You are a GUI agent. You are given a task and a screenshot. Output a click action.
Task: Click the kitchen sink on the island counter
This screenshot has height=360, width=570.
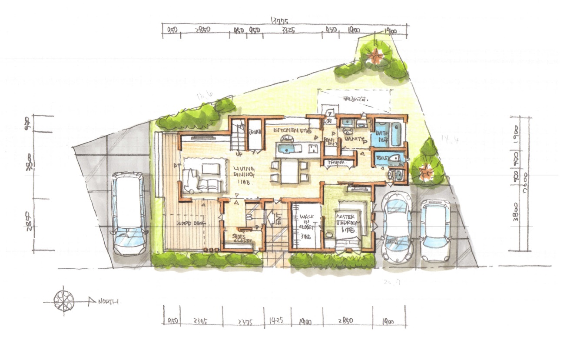[285, 150]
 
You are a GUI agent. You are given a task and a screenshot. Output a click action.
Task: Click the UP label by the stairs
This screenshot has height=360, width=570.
[239, 154]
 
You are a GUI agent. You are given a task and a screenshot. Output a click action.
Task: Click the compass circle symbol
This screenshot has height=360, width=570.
[64, 300]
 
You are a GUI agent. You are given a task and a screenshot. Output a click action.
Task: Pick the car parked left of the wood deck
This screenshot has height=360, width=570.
[128, 213]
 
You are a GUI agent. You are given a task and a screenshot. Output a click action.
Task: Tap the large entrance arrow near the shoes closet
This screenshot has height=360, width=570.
[271, 217]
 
